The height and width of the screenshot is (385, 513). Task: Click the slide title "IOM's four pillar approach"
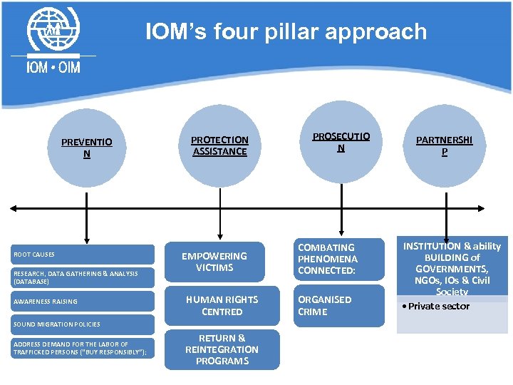tap(286, 32)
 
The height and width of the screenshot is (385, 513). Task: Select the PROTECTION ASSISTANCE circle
tap(219, 146)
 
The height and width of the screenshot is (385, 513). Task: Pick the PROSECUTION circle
tap(341, 143)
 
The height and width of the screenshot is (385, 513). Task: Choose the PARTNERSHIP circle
tap(445, 146)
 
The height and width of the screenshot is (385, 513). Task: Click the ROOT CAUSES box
tap(83, 255)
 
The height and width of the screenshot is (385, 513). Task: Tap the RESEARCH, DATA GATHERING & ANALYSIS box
tap(83, 277)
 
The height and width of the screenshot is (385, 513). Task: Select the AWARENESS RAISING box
tap(83, 301)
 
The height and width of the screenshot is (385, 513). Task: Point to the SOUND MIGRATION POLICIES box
tap(83, 324)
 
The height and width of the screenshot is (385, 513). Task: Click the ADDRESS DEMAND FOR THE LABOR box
tap(83, 348)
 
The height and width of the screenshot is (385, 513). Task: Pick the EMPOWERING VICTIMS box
tap(222, 262)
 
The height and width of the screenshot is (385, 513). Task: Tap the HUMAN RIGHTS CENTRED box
tap(222, 306)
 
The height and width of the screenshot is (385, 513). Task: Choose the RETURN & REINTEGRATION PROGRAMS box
tap(222, 349)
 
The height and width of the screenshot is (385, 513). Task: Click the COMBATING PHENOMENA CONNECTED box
tap(338, 260)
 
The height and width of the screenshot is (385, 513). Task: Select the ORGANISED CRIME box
tap(338, 306)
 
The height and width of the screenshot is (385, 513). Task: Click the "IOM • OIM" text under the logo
tap(53, 67)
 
